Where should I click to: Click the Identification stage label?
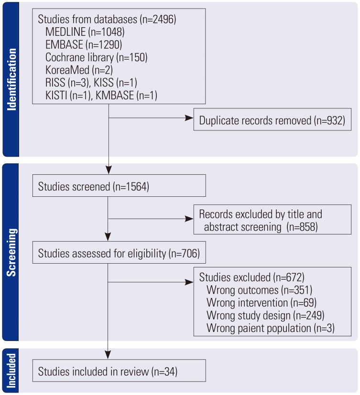tap(11, 78)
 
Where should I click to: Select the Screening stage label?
tap(11, 252)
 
